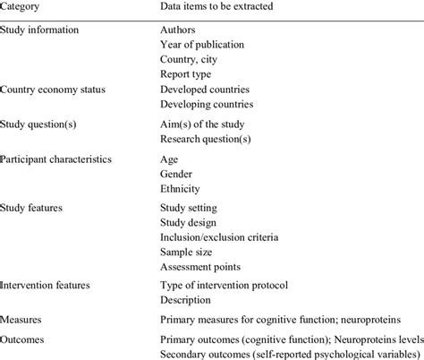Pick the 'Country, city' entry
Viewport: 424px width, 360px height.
[190, 59]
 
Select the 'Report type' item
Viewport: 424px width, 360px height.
[187, 73]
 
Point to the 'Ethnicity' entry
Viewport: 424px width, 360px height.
[182, 189]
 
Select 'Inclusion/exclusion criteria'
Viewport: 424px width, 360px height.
[219, 237]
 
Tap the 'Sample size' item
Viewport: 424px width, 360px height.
[189, 252]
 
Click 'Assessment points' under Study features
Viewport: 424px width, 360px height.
[201, 266]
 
